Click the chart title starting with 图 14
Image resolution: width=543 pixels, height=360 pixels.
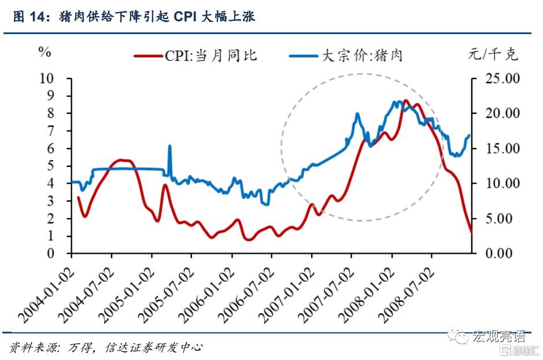click(134, 17)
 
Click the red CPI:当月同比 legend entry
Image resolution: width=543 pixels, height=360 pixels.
click(196, 56)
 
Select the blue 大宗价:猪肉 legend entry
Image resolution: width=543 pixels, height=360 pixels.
click(346, 56)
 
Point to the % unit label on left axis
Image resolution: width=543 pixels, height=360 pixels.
click(45, 52)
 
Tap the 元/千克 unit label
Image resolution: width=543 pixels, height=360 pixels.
click(493, 55)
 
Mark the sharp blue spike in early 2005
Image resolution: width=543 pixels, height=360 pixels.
click(170, 146)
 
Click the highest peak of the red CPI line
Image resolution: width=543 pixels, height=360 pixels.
click(406, 101)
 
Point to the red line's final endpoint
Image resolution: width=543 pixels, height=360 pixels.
click(471, 232)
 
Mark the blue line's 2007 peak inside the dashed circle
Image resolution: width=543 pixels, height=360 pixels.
click(357, 113)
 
